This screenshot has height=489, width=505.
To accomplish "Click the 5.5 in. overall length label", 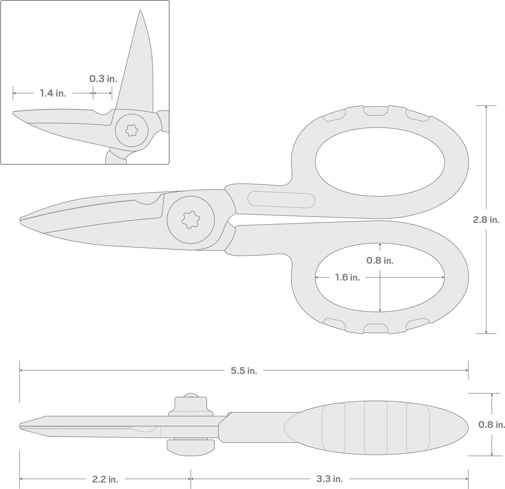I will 244,371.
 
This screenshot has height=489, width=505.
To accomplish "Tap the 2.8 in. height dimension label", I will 486,220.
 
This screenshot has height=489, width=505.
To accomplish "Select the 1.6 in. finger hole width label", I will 347,277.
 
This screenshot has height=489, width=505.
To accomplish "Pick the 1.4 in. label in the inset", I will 53,93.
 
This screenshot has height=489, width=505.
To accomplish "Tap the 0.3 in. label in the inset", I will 103,79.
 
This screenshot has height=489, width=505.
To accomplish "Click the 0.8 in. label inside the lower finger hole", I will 380,260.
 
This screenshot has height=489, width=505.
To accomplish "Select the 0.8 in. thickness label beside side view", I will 492,424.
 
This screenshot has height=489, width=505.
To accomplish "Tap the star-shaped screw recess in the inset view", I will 132,130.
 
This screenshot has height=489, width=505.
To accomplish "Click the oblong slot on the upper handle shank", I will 281,200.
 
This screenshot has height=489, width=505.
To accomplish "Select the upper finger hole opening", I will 380,162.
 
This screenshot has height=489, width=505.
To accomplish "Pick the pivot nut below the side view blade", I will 191,448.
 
